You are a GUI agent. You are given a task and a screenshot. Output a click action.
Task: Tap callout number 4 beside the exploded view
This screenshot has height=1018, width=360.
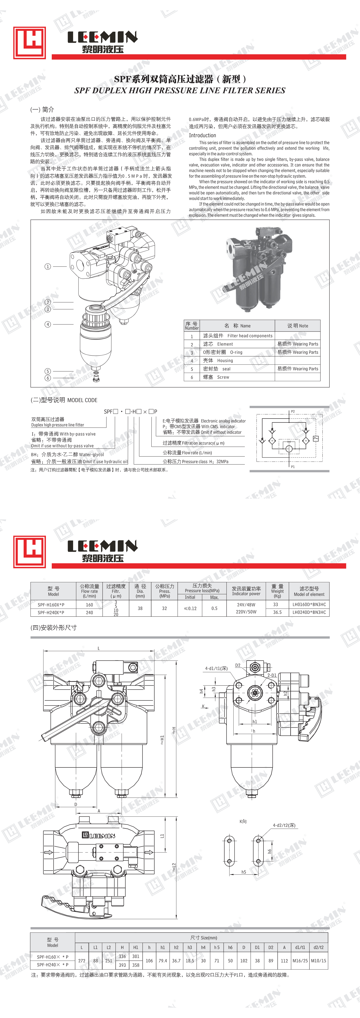point(48,324)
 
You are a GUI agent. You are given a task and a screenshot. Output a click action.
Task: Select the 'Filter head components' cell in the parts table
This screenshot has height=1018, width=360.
point(250,336)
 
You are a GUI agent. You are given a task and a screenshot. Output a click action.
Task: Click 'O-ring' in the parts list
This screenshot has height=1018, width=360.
point(236,352)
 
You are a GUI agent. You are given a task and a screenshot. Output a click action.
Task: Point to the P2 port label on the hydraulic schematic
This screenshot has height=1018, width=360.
point(293,411)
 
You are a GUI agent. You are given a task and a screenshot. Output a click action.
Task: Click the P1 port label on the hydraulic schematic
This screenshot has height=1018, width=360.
point(293,466)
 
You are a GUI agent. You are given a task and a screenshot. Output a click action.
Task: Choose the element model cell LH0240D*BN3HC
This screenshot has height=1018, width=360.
point(309,612)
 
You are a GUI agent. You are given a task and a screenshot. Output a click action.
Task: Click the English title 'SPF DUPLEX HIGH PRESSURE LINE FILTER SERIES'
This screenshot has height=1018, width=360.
point(180,90)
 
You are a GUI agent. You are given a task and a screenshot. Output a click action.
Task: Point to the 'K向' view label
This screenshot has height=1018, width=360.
point(243,821)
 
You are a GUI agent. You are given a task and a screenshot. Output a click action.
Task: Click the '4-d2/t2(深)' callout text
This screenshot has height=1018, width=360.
point(284,825)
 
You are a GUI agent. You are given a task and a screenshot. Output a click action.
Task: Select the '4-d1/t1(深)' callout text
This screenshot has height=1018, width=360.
point(216,668)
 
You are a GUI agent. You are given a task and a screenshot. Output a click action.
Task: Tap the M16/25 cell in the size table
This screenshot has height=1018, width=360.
point(300,960)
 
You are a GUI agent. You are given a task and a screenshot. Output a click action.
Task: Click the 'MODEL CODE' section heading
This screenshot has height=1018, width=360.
point(82,400)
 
